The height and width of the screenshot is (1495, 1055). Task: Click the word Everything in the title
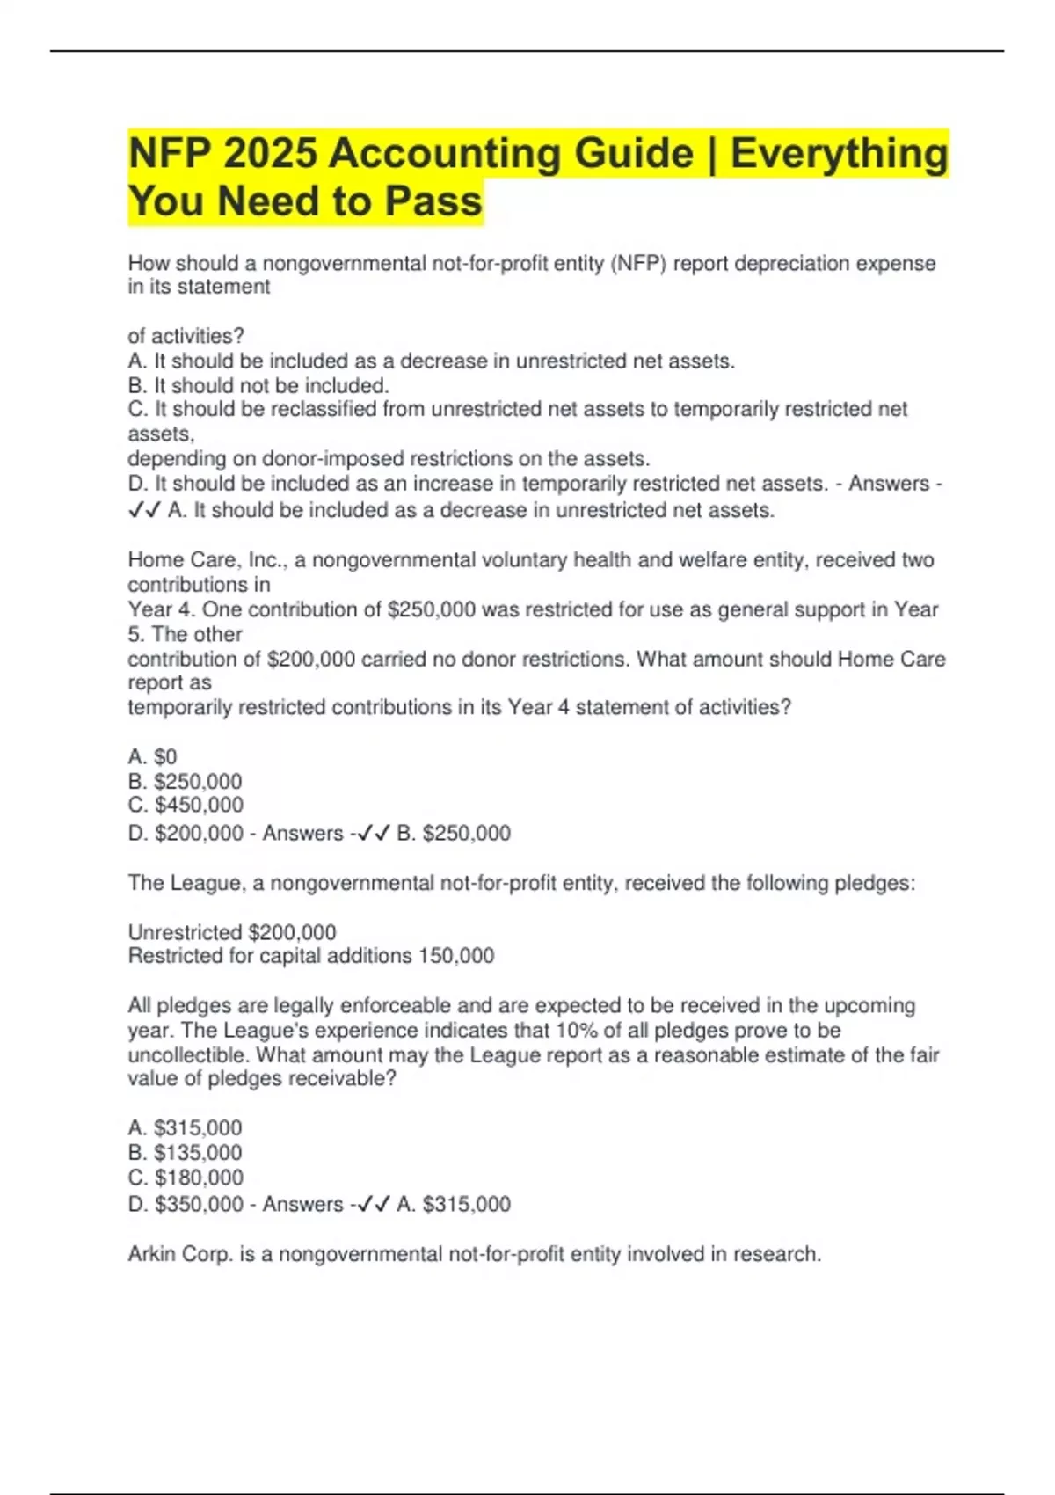[839, 153]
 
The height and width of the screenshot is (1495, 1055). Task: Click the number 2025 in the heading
[270, 153]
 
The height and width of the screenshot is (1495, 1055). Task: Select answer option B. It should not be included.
[258, 385]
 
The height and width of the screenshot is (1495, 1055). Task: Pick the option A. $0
[152, 756]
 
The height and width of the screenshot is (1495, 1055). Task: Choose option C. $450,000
[186, 805]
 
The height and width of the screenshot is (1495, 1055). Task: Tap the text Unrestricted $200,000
[232, 932]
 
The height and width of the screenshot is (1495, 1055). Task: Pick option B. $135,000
[185, 1152]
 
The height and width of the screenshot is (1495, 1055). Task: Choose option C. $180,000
[186, 1177]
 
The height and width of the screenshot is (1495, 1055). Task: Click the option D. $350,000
[186, 1204]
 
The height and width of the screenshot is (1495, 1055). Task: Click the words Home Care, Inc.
[205, 560]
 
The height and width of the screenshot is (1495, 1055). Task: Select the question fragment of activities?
[186, 336]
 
